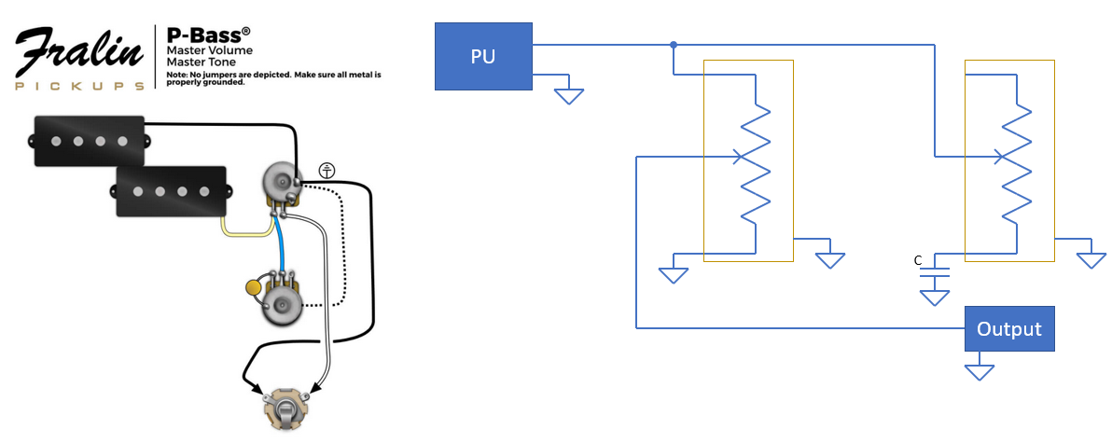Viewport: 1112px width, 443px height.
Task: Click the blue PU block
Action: [x=483, y=56]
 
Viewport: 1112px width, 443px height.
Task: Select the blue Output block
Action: [x=1009, y=329]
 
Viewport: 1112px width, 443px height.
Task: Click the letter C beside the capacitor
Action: [x=918, y=261]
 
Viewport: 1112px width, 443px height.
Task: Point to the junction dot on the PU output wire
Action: [x=673, y=45]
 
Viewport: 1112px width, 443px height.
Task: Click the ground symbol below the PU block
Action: [x=568, y=96]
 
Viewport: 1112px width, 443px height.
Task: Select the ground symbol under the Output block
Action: [x=980, y=372]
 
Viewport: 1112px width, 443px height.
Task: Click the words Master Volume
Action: [x=209, y=51]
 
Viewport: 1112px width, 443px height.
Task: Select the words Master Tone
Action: [x=201, y=62]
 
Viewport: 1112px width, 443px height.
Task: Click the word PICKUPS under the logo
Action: [x=79, y=87]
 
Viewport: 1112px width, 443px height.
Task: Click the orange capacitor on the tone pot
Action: [x=252, y=287]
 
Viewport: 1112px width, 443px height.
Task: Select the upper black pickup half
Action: [x=88, y=140]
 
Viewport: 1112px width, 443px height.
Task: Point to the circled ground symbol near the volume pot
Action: [x=327, y=170]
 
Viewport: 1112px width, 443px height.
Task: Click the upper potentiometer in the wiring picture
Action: [x=282, y=186]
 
